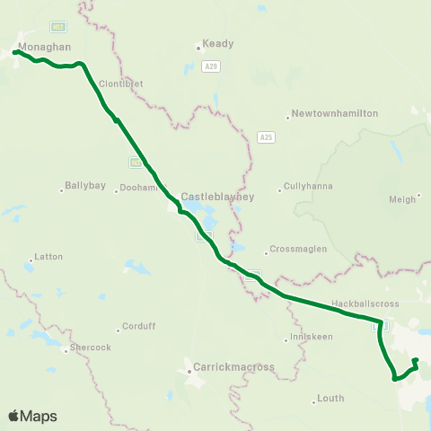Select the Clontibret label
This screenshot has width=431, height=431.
122,84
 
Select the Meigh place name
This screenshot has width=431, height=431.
403,199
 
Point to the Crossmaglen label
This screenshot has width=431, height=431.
295,251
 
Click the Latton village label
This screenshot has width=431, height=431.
48,257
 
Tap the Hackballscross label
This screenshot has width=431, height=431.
365,304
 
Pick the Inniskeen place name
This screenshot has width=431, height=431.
307,339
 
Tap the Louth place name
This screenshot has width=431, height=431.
330,398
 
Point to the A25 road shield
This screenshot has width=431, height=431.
265,137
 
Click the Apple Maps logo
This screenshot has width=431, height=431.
32,416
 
